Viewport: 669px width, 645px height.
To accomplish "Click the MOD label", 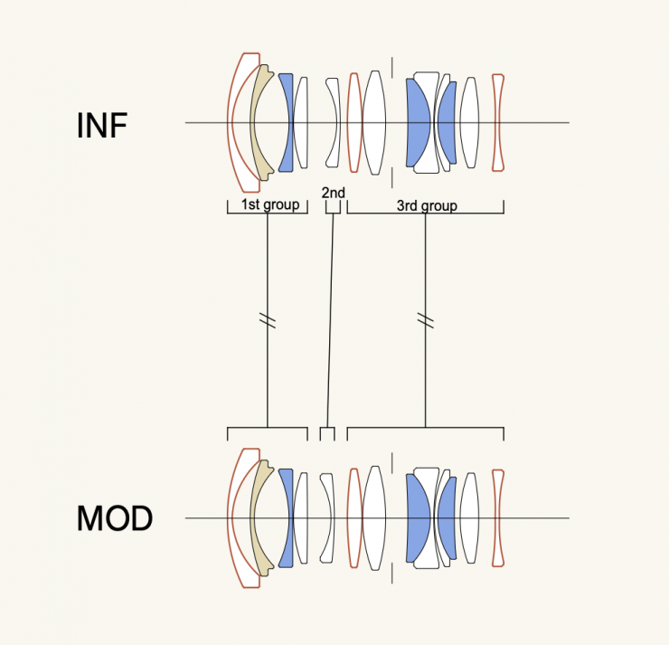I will pos(114,519).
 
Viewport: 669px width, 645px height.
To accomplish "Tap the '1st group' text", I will pos(269,204).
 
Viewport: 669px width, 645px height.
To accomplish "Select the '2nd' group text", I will pos(333,192).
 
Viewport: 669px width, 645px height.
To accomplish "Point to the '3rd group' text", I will pos(427,205).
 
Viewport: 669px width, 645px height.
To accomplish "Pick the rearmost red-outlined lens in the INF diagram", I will pos(496,122).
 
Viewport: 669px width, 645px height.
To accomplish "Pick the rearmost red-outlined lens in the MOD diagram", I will pos(496,518).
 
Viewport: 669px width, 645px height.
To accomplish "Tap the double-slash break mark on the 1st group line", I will pos(268,320).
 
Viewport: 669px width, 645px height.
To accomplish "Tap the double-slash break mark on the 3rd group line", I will pos(425,320).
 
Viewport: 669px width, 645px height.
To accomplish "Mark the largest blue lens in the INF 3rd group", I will pos(418,122).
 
